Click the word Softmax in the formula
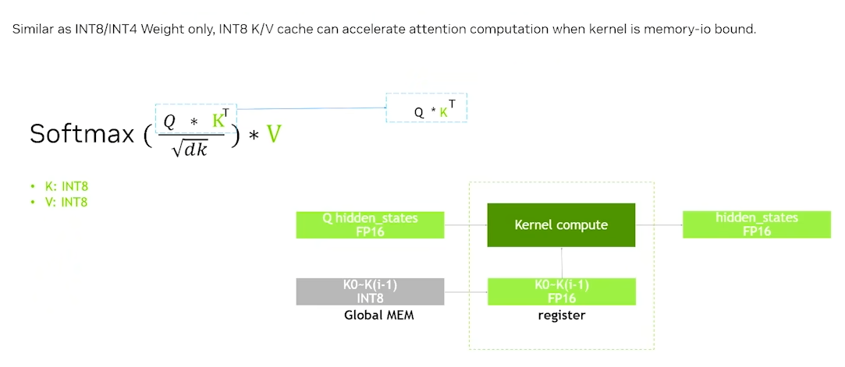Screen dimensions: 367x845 point(83,133)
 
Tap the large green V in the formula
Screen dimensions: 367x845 point(273,134)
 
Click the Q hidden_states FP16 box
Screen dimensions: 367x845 point(370,224)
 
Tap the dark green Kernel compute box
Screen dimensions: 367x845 point(561,225)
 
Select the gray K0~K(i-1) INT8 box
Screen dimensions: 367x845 point(370,291)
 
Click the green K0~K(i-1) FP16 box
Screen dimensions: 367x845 point(561,291)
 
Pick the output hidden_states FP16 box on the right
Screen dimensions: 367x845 point(756,224)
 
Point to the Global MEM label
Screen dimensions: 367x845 point(379,315)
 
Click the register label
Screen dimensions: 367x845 point(561,315)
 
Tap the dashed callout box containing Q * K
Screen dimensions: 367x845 point(427,108)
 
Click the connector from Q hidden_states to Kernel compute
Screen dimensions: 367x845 point(466,225)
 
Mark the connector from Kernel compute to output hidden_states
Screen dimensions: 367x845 point(659,225)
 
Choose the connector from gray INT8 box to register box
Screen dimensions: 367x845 point(466,292)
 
